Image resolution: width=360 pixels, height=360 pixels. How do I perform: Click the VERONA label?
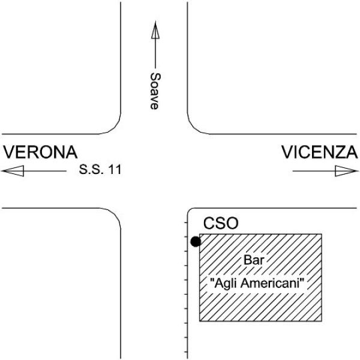coord(40,152)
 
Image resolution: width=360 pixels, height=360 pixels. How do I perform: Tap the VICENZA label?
coord(320,152)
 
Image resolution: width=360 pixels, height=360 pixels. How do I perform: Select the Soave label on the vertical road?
coord(155,91)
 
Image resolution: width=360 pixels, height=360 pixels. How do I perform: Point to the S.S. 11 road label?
coord(100,169)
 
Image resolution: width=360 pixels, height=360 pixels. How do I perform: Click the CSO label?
coord(221,223)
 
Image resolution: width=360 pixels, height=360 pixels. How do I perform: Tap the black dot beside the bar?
coord(196,242)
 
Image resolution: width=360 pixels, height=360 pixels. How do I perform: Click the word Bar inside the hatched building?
coord(254,260)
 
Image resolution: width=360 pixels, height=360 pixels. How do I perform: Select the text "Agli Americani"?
coord(257,283)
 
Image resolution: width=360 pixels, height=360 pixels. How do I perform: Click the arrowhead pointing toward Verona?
coord(13,171)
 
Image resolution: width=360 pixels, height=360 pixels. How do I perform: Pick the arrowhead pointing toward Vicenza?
coord(347,171)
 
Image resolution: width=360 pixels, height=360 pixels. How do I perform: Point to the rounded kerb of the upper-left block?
coord(113,127)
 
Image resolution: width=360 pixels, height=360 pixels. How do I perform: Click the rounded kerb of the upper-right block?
coord(194,127)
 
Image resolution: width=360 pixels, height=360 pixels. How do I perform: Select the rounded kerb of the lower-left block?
coord(114,215)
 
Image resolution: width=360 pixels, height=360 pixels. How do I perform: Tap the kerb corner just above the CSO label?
coord(189,210)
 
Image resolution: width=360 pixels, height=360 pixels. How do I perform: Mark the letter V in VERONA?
coord(9,152)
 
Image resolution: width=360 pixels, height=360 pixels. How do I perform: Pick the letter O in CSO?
coord(232,223)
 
